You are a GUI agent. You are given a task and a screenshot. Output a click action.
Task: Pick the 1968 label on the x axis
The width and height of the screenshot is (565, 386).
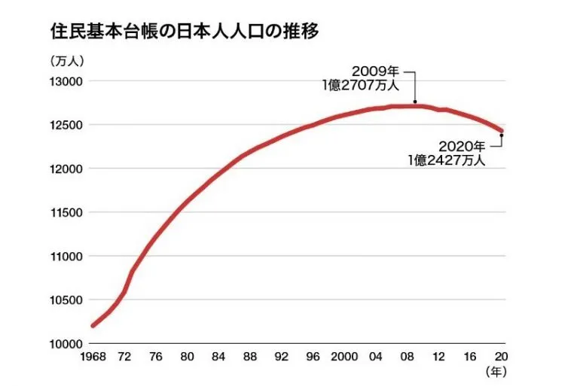[93, 357]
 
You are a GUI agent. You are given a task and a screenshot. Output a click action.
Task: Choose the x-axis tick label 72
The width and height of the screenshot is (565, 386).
[125, 357]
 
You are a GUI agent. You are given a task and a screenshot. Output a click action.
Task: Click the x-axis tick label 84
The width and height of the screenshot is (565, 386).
[218, 357]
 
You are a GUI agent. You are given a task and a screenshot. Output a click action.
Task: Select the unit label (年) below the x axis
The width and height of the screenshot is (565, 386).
[498, 371]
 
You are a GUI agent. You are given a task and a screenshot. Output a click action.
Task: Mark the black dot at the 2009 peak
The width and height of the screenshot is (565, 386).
[415, 105]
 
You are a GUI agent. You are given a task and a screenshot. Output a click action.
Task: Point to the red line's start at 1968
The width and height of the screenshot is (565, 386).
[93, 325]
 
